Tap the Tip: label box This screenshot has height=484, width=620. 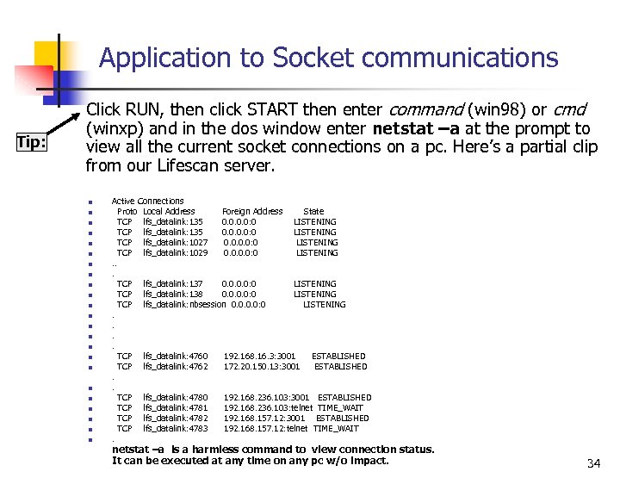point(31,142)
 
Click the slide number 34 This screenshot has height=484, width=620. point(593,463)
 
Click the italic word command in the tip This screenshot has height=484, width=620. point(426,109)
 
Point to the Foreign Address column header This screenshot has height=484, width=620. point(252,211)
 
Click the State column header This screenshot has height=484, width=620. point(313,211)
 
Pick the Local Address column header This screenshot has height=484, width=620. point(169,211)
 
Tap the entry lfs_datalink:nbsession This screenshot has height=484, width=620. point(184,304)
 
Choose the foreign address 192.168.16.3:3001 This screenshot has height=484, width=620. point(259,356)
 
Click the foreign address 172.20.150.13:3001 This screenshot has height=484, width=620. point(262,366)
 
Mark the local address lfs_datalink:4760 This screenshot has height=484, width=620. point(175,356)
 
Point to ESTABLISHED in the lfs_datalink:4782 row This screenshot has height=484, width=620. point(342,418)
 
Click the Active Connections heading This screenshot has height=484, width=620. point(147,201)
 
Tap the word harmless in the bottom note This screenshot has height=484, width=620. point(210,449)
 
